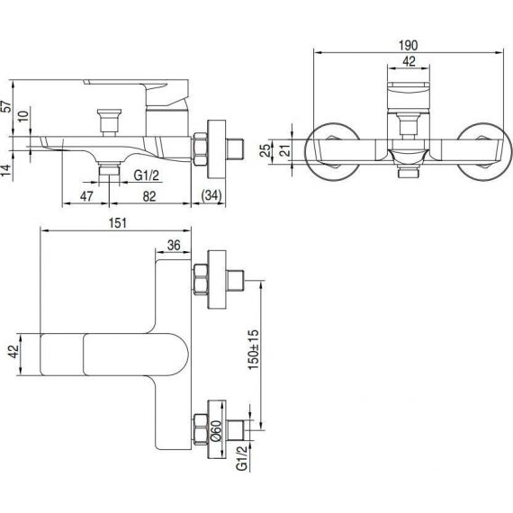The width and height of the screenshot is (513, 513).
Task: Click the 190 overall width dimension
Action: tap(408, 46)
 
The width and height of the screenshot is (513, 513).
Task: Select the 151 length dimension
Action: tap(118, 223)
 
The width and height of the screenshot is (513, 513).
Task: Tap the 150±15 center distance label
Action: tap(253, 349)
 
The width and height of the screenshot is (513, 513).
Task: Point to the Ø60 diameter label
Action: tap(216, 431)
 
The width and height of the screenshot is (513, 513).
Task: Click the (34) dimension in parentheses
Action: tap(211, 195)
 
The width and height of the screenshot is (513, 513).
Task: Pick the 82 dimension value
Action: tap(149, 196)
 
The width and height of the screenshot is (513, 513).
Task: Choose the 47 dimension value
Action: tap(86, 196)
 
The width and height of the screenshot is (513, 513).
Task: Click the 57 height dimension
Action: tap(6, 107)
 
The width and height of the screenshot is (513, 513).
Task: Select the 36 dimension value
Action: tap(174, 245)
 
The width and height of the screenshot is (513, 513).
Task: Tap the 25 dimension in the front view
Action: tap(266, 150)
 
